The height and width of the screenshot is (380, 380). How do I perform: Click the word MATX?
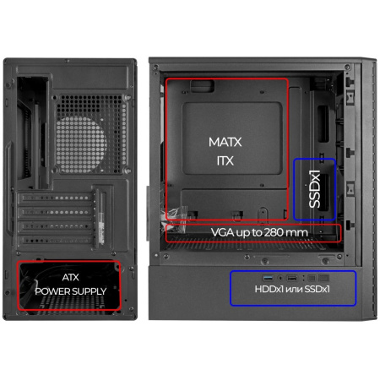point(225,142)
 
